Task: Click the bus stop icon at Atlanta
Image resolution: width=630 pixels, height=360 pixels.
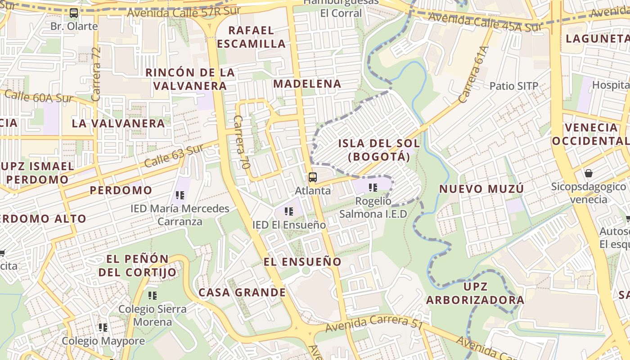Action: pyautogui.click(x=313, y=177)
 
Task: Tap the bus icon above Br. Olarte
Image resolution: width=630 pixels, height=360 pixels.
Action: pyautogui.click(x=74, y=13)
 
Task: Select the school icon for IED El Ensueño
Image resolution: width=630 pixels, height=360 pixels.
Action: pyautogui.click(x=289, y=211)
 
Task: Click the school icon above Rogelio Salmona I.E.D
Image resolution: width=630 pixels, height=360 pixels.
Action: pyautogui.click(x=373, y=187)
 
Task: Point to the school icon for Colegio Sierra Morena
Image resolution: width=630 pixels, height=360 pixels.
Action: pyautogui.click(x=153, y=296)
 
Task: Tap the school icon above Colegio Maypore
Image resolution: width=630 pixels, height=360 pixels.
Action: pyautogui.click(x=103, y=328)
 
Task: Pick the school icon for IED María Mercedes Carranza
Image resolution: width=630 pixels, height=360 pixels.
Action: pyautogui.click(x=180, y=195)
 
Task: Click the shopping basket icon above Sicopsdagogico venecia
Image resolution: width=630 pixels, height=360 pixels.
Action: pyautogui.click(x=588, y=173)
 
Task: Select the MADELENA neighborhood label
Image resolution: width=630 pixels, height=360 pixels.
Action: pyautogui.click(x=307, y=84)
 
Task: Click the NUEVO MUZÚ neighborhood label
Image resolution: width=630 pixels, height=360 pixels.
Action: pyautogui.click(x=481, y=189)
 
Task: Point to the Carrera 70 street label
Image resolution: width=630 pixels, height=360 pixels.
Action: pyautogui.click(x=242, y=142)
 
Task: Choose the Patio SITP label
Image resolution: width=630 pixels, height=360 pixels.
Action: pyautogui.click(x=513, y=86)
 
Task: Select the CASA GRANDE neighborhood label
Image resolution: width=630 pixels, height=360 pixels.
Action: pyautogui.click(x=242, y=292)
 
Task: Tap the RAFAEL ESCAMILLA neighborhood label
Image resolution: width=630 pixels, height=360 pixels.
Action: pyautogui.click(x=257, y=37)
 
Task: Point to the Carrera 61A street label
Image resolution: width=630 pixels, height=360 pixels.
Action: pyautogui.click(x=474, y=74)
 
